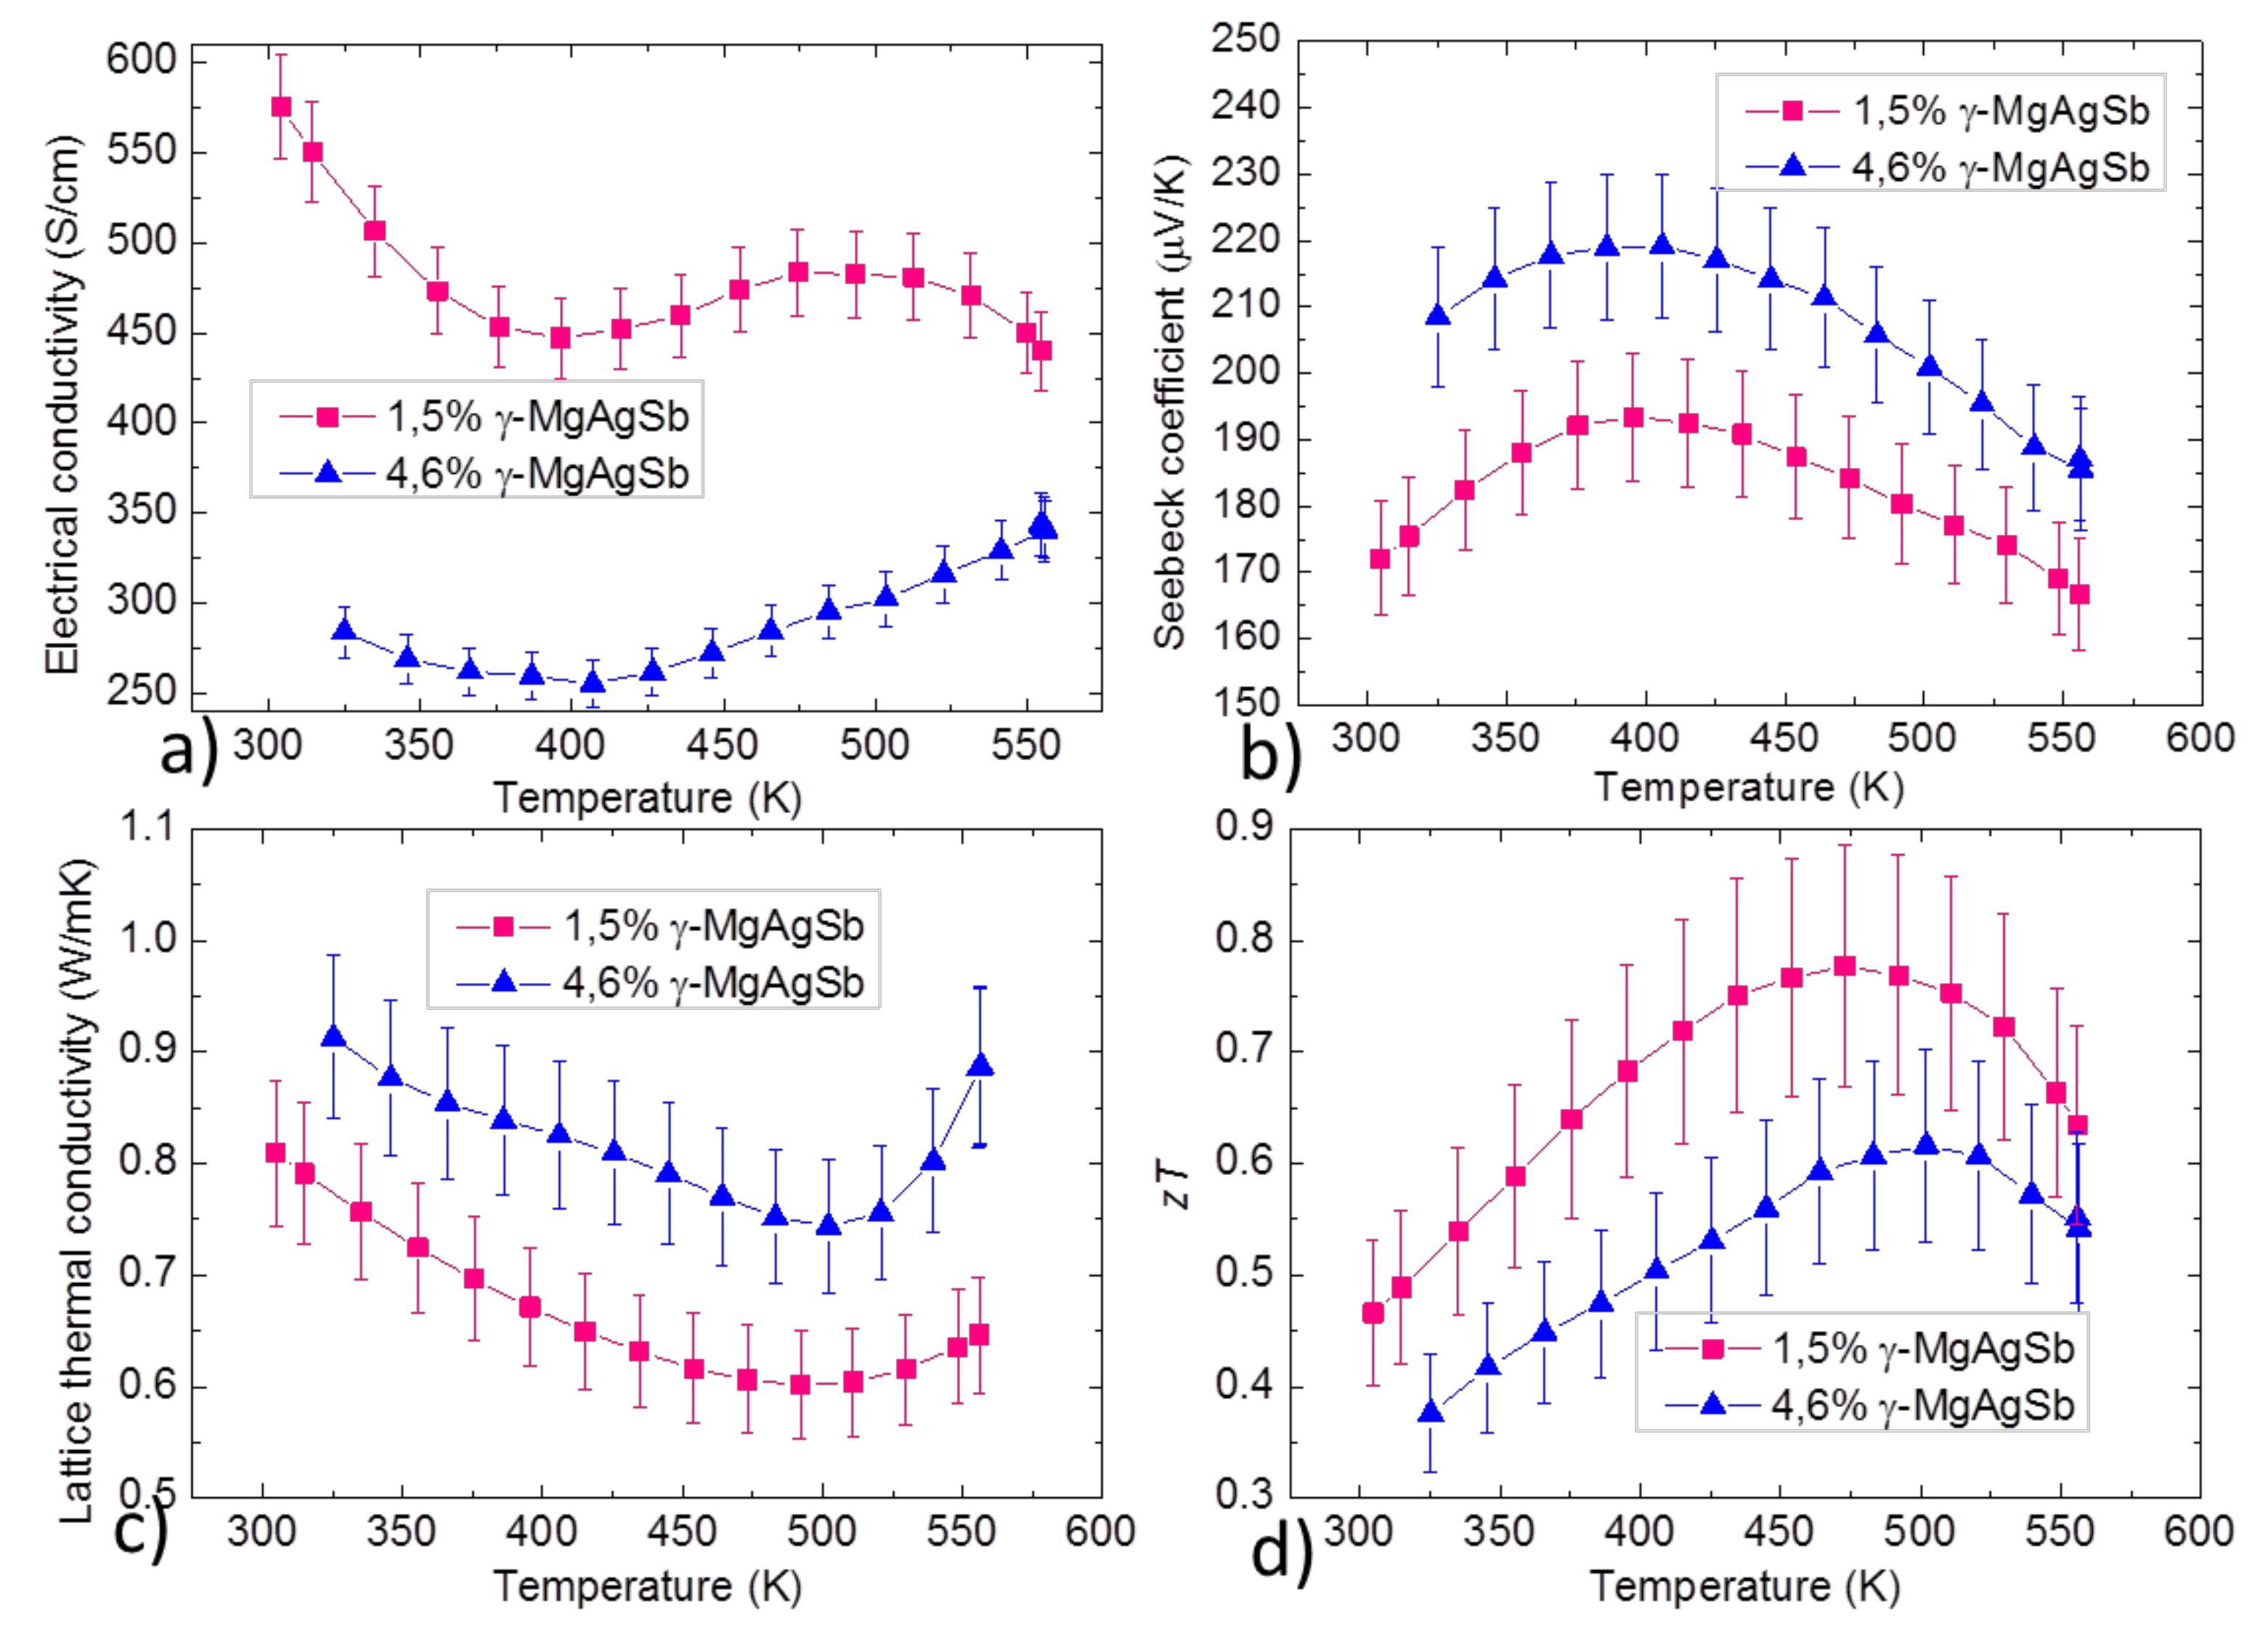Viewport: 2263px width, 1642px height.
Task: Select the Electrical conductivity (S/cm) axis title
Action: pyautogui.click(x=62, y=404)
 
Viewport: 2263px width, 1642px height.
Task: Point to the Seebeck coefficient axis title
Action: pyautogui.click(x=1169, y=404)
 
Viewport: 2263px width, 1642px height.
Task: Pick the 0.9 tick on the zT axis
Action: pyautogui.click(x=1246, y=828)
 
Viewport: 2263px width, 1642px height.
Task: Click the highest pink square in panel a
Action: pyautogui.click(x=281, y=107)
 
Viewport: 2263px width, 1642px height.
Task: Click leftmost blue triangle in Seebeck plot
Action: pyautogui.click(x=1438, y=315)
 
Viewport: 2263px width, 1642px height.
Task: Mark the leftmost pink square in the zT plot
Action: pyautogui.click(x=1373, y=1313)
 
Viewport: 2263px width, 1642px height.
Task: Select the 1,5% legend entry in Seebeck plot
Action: pyautogui.click(x=1946, y=110)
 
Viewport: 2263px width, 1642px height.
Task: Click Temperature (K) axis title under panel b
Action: pyautogui.click(x=1748, y=787)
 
